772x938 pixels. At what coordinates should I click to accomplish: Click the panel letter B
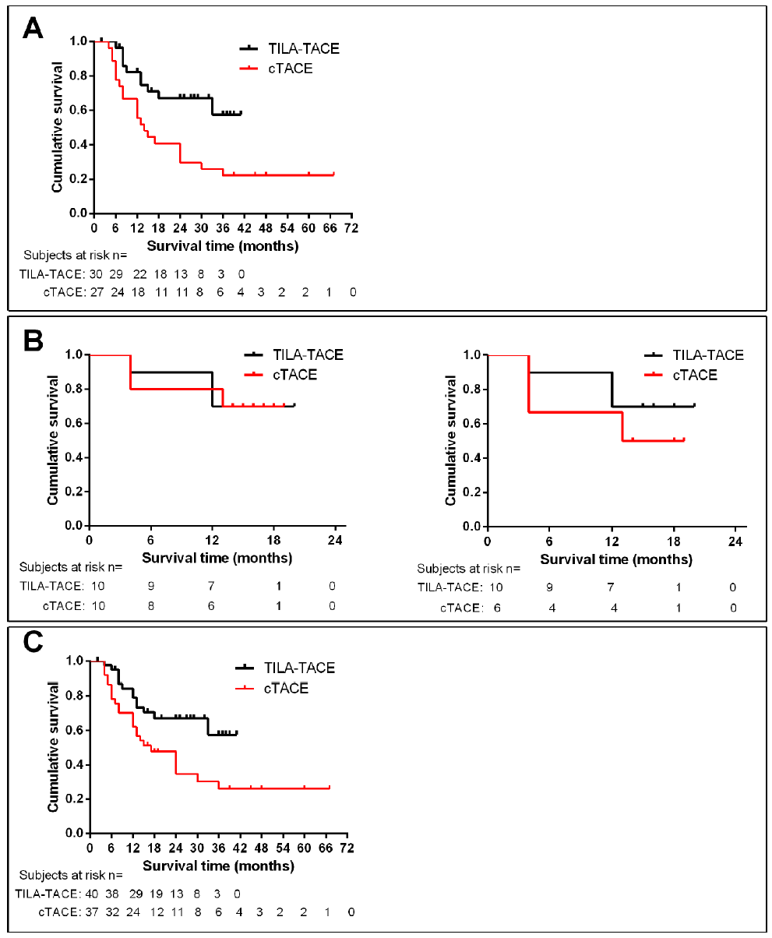pos(33,340)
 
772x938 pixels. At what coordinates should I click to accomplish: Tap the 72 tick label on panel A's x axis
pos(352,229)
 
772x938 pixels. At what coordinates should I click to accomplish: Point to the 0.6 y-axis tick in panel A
pos(78,111)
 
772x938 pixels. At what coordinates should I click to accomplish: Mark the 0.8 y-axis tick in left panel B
pos(74,390)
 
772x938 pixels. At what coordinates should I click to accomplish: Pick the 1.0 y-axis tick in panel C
pos(74,661)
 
